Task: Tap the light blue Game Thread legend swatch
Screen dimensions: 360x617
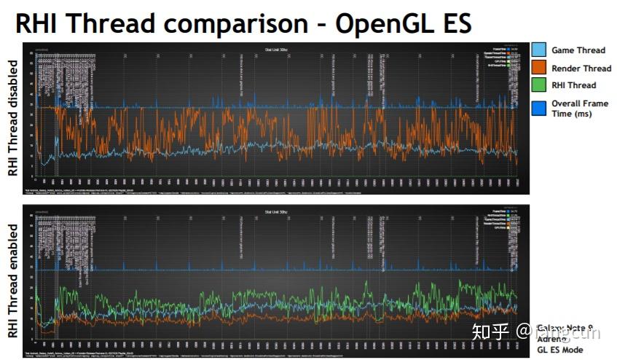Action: (x=538, y=50)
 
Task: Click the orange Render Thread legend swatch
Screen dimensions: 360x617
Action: (x=538, y=68)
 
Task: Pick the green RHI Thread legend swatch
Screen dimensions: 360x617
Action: (x=538, y=86)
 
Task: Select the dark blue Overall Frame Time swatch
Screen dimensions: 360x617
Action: (x=538, y=107)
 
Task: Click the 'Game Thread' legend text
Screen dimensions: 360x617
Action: (x=578, y=50)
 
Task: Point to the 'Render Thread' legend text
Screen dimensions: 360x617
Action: (x=581, y=68)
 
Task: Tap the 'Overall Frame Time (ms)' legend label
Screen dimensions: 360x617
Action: (x=580, y=109)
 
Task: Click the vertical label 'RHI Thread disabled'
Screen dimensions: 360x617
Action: (x=12, y=118)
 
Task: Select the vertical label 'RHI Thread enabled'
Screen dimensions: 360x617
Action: (x=12, y=281)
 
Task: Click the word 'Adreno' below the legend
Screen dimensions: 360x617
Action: (x=551, y=339)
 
